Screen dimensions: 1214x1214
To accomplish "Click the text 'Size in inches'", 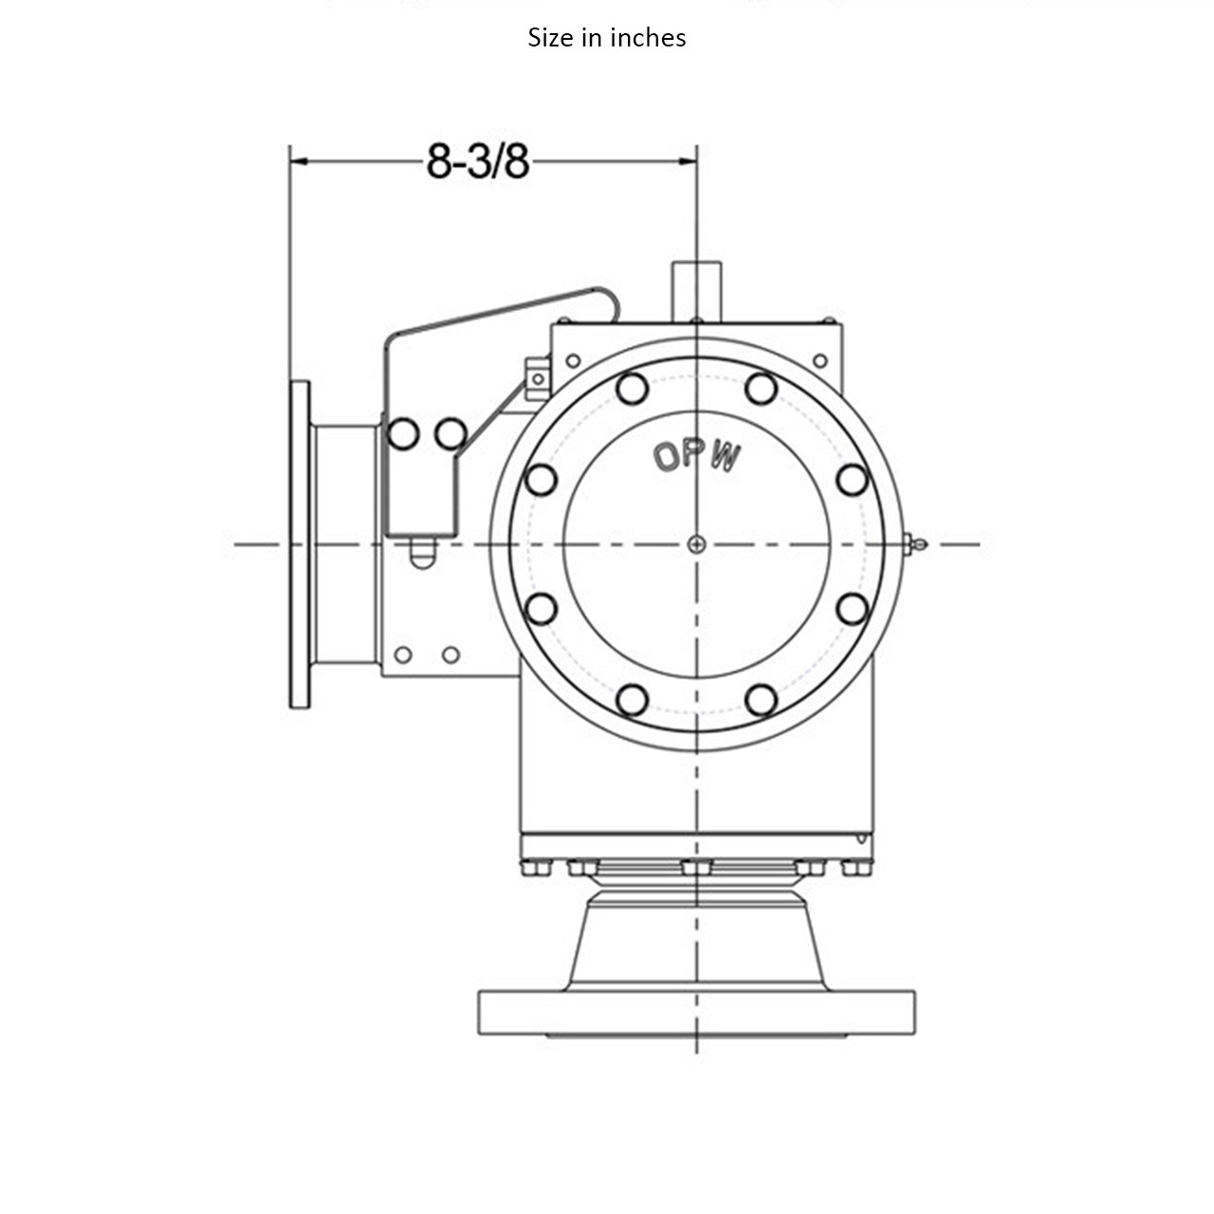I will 607,38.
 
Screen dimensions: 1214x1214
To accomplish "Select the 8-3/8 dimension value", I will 477,161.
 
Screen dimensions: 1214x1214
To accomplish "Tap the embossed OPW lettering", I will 697,457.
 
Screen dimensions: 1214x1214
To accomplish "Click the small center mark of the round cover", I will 697,543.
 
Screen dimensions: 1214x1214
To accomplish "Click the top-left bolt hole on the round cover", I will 632,388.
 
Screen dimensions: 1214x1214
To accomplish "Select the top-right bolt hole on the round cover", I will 761,388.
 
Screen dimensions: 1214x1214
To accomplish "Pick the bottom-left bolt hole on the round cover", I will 632,700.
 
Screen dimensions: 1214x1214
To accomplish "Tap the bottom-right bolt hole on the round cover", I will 761,700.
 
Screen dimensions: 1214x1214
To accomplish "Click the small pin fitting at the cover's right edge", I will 915,543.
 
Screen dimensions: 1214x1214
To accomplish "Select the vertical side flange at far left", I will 300,544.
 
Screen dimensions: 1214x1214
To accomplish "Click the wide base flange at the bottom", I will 697,1012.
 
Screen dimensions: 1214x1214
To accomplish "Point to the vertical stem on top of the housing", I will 697,290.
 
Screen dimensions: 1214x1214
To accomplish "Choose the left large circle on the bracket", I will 403,433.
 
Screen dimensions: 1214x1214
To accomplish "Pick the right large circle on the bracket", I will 451,433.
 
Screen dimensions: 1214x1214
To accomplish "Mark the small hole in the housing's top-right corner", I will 820,360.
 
